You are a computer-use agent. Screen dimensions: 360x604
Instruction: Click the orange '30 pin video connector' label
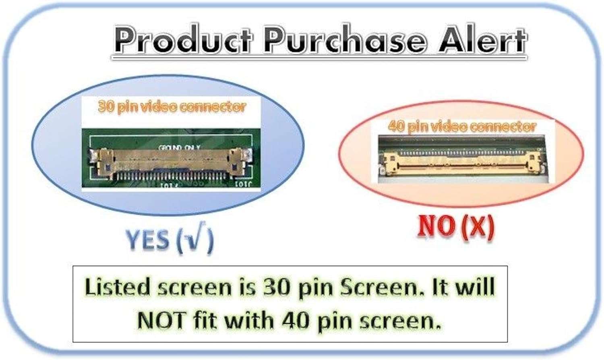pos(172,107)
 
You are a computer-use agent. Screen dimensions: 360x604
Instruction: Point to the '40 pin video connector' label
pos(462,126)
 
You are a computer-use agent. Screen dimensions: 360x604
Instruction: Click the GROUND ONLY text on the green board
pos(179,148)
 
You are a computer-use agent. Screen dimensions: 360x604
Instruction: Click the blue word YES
pos(149,240)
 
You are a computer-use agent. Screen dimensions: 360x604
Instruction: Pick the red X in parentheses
pos(477,227)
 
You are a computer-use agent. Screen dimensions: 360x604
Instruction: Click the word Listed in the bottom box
pos(117,287)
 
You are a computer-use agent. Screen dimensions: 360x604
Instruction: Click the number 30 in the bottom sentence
pos(277,287)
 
